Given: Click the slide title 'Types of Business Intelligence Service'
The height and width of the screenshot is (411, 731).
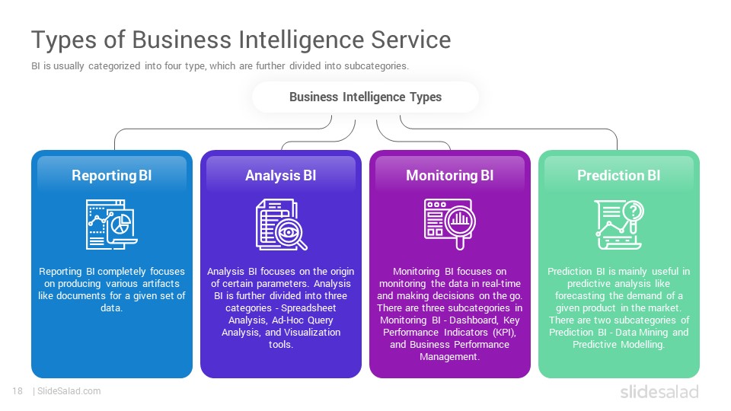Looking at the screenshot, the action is point(241,40).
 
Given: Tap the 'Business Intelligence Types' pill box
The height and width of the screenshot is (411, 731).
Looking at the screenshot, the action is point(365,97).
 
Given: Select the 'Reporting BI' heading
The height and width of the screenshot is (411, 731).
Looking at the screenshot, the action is point(112,175).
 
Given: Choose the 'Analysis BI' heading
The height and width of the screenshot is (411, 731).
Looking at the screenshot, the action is point(281,175).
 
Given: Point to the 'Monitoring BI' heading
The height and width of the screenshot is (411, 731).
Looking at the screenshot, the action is point(450,175).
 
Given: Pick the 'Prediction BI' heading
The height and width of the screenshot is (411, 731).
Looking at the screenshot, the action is point(618,175).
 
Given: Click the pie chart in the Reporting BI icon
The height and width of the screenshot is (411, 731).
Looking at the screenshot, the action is point(121,224).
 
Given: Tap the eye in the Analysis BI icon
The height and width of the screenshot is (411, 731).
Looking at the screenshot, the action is point(288,232).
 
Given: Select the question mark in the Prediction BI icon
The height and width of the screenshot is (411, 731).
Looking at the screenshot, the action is point(633,211).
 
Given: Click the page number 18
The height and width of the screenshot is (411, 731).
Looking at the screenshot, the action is point(18,391).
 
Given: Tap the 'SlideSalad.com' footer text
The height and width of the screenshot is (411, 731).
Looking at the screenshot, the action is point(69,391).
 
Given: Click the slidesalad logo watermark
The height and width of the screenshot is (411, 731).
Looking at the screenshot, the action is point(659,392).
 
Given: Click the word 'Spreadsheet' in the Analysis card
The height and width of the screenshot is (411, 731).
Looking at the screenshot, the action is point(308,308).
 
